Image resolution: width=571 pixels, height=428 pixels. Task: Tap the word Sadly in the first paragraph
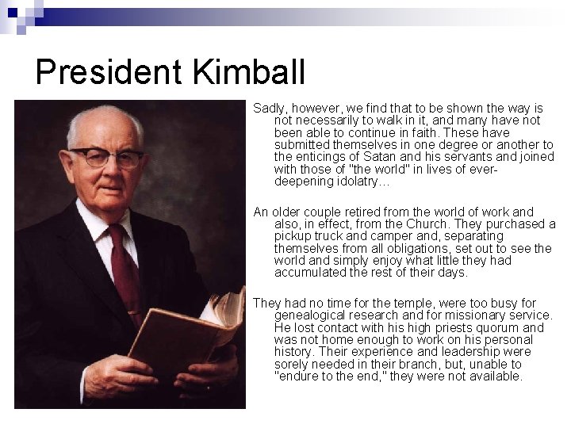(x=269, y=108)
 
